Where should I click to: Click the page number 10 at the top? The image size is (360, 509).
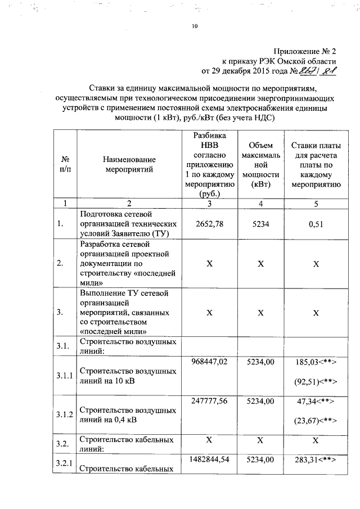tap(194, 26)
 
